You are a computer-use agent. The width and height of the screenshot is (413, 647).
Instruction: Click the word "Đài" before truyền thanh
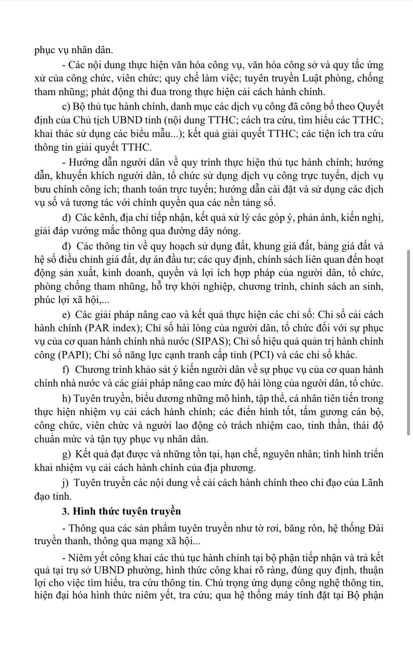376,528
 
